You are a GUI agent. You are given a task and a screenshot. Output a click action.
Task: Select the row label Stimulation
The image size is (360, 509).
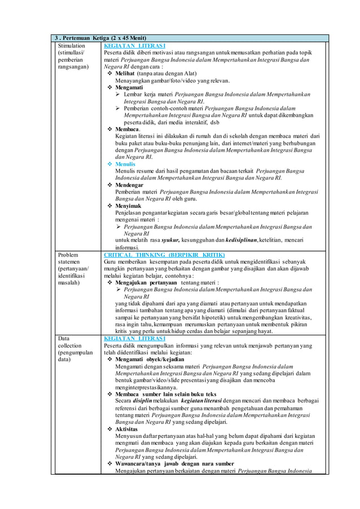[x=72, y=45]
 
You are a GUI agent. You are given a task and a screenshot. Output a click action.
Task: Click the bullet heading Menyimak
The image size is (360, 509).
[x=129, y=206]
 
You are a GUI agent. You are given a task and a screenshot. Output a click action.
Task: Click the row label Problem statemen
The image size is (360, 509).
[x=72, y=258]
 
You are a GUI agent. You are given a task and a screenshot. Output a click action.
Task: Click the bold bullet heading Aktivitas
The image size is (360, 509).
[x=126, y=429]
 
